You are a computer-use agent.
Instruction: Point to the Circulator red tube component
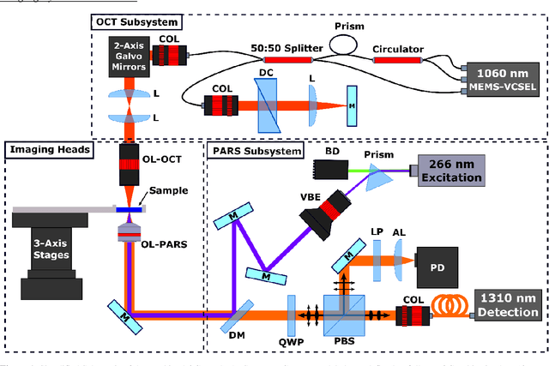coord(396,60)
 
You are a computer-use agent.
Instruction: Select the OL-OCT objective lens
coord(131,167)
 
